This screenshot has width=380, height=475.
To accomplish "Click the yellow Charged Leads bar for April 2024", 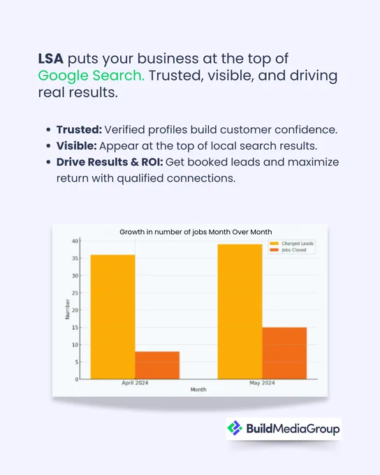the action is click(x=112, y=317).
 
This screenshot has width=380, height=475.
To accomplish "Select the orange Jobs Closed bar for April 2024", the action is click(x=157, y=365).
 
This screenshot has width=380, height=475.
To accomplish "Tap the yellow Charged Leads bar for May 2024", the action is click(x=240, y=312).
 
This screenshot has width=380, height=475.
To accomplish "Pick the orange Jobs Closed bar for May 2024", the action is click(x=284, y=353).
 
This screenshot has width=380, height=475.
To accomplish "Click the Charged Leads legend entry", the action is click(x=291, y=244).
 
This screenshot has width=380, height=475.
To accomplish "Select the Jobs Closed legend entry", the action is click(x=288, y=250).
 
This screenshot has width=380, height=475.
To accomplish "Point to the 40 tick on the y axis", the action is click(x=75, y=241).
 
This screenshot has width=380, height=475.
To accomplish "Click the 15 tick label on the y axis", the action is click(x=75, y=328).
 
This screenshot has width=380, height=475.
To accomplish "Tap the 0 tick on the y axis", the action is click(x=77, y=379).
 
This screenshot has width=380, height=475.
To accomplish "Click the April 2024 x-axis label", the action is click(x=135, y=383).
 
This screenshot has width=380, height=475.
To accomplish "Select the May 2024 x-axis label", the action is click(x=262, y=383).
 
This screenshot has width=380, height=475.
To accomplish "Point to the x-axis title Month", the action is click(x=198, y=390).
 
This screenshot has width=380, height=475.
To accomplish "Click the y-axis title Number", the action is click(x=68, y=309).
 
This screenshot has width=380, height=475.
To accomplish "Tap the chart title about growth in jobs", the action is click(x=196, y=232).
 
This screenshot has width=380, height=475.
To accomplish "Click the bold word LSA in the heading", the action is click(x=50, y=59).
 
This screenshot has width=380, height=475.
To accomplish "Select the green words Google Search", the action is click(x=92, y=75).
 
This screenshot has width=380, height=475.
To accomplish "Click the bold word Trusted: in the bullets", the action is click(x=79, y=130).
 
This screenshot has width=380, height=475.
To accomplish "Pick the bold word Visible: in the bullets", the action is click(x=76, y=146).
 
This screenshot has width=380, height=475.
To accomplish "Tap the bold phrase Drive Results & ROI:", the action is click(x=110, y=162).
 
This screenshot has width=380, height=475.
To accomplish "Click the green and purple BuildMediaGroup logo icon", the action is click(x=235, y=428).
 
